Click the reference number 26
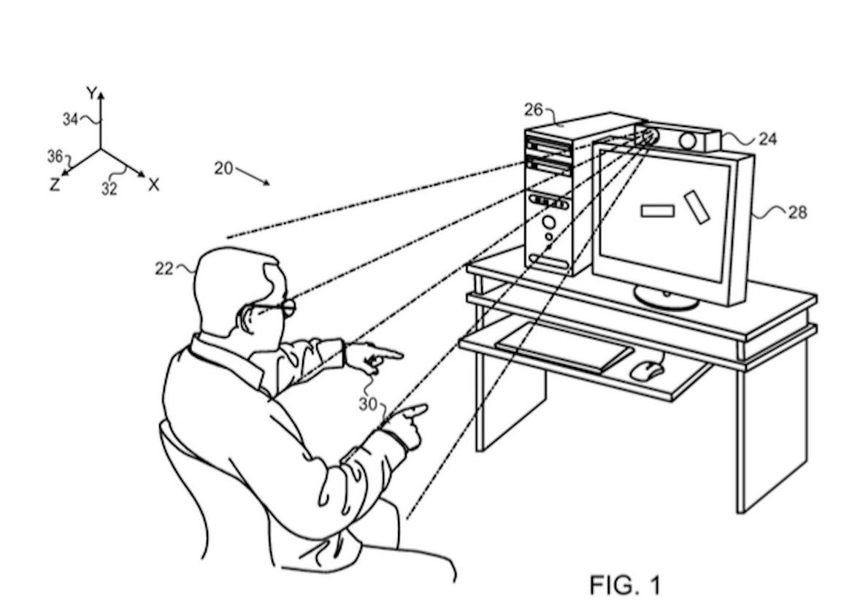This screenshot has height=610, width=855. click(533, 110)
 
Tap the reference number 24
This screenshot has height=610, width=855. click(767, 139)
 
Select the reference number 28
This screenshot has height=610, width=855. click(797, 212)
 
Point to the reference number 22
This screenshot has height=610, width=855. click(164, 269)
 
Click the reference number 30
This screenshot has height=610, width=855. click(368, 404)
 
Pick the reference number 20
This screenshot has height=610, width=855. click(223, 169)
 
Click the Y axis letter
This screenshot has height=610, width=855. click(91, 93)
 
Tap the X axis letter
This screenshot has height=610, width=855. click(153, 185)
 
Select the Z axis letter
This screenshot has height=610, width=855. click(54, 185)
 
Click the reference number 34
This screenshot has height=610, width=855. click(70, 120)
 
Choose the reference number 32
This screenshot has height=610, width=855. click(109, 188)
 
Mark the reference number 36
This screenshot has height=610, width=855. click(55, 155)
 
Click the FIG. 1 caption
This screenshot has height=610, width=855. click(624, 584)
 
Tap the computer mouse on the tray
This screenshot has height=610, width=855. click(647, 370)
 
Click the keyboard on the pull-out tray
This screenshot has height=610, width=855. click(564, 347)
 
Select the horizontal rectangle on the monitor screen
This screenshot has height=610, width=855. click(657, 211)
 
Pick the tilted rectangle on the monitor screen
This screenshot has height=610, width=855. click(696, 206)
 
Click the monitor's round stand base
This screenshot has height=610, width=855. click(666, 297)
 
